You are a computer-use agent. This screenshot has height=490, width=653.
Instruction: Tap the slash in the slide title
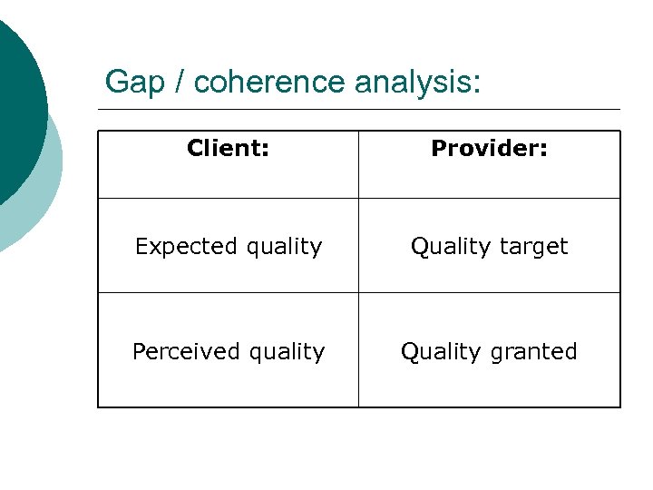tap(180, 83)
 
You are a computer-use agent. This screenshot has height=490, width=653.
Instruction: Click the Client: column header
tap(228, 148)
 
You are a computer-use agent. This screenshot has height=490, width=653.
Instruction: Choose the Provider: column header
tap(489, 148)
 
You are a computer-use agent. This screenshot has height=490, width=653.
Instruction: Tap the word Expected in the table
tap(175, 247)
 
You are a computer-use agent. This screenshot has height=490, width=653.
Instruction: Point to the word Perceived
tap(178, 352)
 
